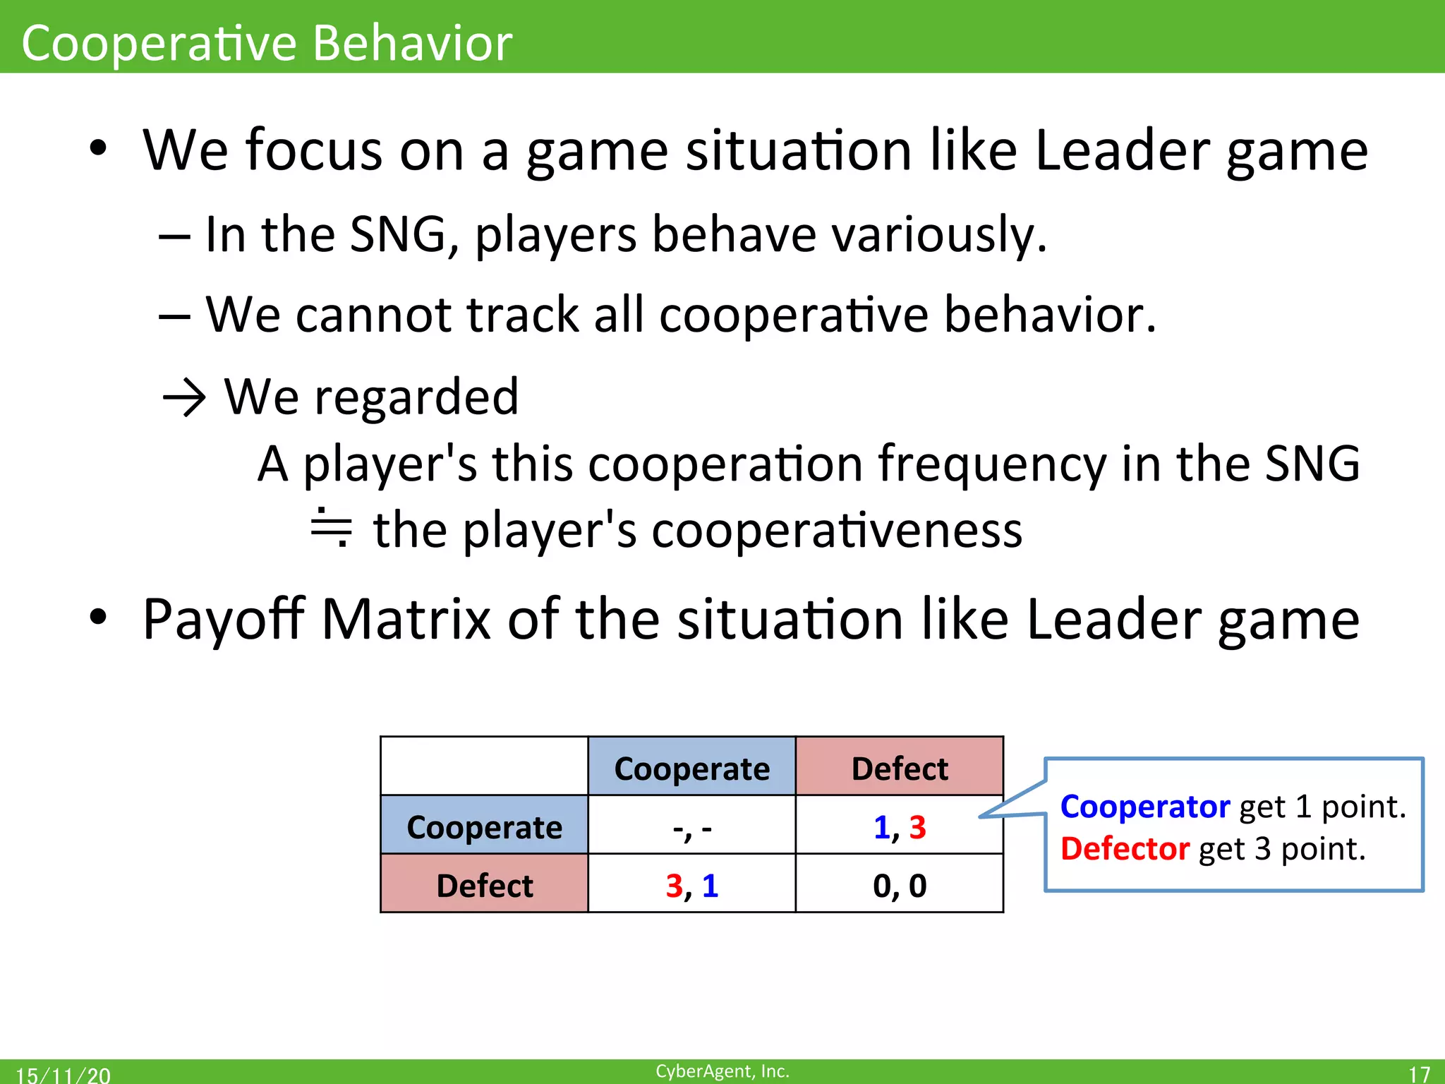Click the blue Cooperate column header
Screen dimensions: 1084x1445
click(x=691, y=768)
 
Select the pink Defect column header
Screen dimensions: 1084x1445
click(x=899, y=768)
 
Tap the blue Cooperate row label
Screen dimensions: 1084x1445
click(x=484, y=826)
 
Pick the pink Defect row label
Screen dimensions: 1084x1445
click(x=484, y=885)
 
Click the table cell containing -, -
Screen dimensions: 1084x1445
click(x=691, y=826)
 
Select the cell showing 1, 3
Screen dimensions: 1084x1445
click(x=899, y=826)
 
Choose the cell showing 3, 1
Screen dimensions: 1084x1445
click(x=691, y=885)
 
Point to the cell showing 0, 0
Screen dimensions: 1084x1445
click(x=899, y=885)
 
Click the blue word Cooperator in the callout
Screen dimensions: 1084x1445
click(x=1144, y=807)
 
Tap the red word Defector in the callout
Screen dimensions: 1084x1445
click(x=1125, y=849)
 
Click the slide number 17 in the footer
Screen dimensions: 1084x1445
click(x=1418, y=1073)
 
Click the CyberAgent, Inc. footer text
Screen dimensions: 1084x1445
click(x=722, y=1071)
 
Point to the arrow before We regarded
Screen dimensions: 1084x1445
click(x=184, y=399)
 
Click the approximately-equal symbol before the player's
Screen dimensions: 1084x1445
click(x=331, y=528)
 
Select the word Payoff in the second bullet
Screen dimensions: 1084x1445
click(x=224, y=619)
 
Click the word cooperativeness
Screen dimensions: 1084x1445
click(x=837, y=531)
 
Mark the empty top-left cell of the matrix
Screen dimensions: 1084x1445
click(x=484, y=766)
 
